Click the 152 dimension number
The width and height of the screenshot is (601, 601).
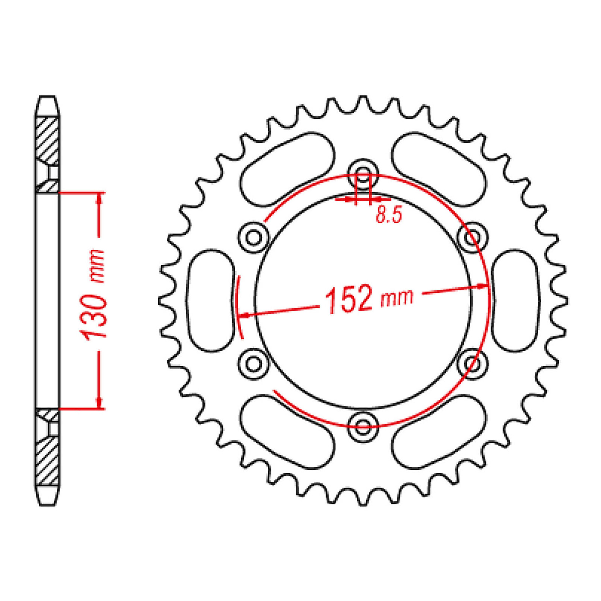point(348,299)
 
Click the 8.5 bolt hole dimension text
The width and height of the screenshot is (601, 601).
point(389,215)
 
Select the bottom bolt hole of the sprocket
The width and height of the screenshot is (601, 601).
point(363,426)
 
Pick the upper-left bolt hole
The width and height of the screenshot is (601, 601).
point(254,237)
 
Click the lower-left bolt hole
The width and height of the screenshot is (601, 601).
point(254,364)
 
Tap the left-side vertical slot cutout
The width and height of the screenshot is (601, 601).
point(211,300)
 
